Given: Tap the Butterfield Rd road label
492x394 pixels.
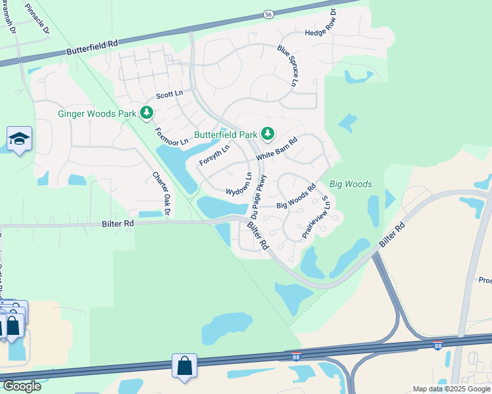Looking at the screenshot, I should coord(91,47).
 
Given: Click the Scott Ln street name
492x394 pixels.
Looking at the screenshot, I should coord(169,95).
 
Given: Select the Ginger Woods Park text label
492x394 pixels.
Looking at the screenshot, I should coord(97,114).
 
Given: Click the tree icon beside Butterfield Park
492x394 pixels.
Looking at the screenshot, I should coord(267,134).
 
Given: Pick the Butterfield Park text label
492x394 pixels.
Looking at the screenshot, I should coord(225,135).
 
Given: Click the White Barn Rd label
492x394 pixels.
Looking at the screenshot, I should coord(277,148).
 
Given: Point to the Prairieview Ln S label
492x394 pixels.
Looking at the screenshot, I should coord(315,217).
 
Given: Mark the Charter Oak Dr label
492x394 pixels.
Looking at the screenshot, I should coord(161,193).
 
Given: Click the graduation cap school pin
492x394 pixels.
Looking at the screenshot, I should coord(20,139).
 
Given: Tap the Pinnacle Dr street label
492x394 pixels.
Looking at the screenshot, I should coord(37,18).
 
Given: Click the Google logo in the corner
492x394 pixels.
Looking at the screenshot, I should coord(21,385).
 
